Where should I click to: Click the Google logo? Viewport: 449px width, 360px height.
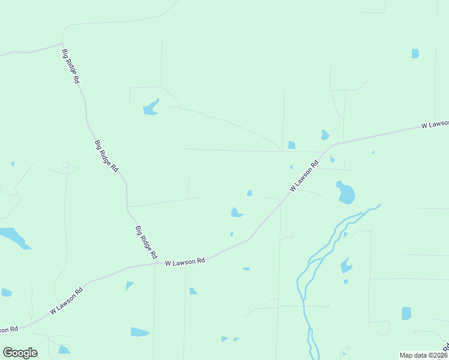(20, 353)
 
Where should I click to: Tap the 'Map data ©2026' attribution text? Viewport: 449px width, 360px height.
(423, 355)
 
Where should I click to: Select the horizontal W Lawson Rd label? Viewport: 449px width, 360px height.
(185, 262)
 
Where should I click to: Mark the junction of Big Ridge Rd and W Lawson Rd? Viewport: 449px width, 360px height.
(158, 262)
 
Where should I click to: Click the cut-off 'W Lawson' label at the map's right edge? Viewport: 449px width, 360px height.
(435, 124)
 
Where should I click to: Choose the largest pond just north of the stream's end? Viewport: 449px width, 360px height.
(346, 193)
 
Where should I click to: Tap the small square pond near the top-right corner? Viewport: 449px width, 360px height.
(415, 53)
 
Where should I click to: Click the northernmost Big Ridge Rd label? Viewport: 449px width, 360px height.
(71, 65)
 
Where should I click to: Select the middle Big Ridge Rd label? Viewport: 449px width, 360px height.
(106, 157)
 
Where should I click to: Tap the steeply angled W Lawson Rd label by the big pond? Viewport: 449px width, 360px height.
(304, 176)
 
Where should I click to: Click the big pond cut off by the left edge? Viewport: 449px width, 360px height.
(13, 236)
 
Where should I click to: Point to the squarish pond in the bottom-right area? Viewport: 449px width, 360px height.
(406, 313)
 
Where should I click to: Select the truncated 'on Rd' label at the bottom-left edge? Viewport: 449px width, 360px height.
(9, 329)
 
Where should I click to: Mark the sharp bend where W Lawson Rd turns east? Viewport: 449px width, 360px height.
(332, 145)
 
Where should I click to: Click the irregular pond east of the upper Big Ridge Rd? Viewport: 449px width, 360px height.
(151, 108)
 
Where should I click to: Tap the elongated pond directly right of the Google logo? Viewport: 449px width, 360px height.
(63, 350)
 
